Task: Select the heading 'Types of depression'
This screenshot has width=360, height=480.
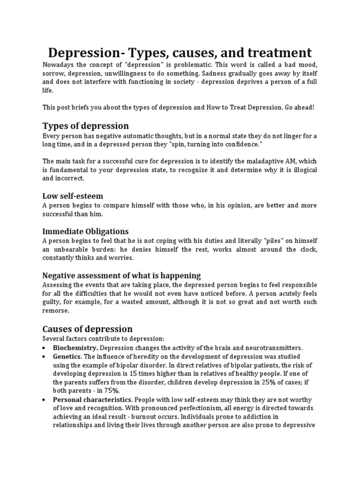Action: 85,126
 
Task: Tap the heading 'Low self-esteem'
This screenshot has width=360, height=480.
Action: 73,195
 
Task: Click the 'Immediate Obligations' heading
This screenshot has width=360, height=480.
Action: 85,231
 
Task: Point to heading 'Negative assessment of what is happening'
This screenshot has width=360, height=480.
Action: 121,275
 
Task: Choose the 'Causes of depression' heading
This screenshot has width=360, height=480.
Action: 87,329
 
